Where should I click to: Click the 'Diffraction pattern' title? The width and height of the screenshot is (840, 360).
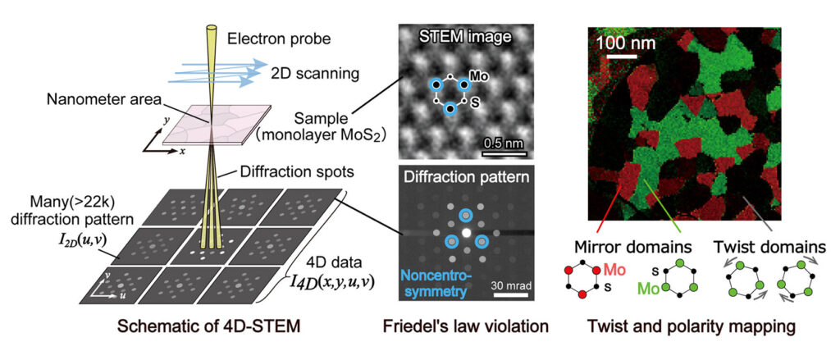[465, 176]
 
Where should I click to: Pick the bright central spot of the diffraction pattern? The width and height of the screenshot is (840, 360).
[466, 233]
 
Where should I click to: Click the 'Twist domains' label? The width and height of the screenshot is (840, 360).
[757, 245]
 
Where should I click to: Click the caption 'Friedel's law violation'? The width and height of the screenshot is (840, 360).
[465, 326]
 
